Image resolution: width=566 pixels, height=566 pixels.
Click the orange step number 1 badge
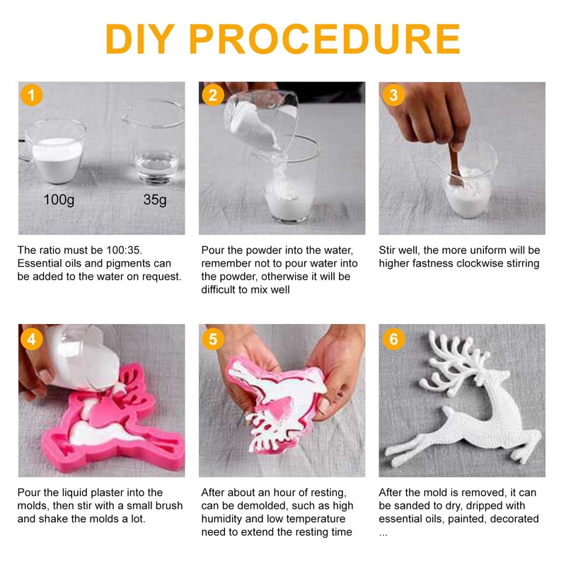31,95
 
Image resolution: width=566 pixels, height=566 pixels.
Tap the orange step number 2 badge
213,95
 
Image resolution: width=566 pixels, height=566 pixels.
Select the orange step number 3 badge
393,95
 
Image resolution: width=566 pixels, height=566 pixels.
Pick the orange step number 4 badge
31,339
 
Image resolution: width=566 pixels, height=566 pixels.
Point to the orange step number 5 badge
213,339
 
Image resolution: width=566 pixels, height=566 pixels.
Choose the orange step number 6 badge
393,339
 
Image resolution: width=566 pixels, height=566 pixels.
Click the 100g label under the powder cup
59,200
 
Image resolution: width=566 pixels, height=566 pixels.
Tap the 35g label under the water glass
155,200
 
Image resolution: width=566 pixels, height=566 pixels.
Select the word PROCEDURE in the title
325,39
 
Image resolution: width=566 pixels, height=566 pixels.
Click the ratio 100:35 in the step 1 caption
124,250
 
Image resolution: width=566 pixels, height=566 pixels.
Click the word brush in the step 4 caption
169,505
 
